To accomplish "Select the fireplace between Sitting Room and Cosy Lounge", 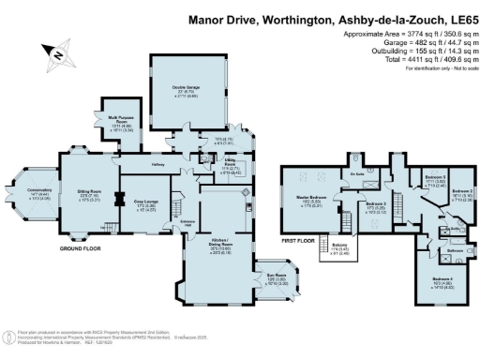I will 117,199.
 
